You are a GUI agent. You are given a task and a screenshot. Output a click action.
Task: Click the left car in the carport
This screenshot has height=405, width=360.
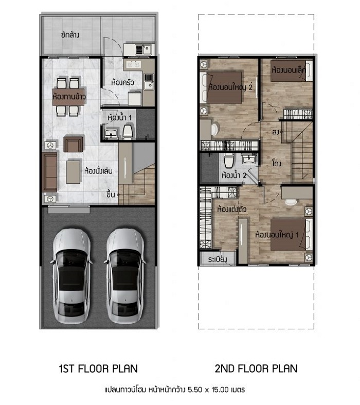click(x=71, y=276)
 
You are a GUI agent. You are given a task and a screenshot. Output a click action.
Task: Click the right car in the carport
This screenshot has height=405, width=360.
click(x=125, y=276)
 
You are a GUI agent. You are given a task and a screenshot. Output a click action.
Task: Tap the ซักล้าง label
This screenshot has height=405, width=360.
click(x=70, y=34)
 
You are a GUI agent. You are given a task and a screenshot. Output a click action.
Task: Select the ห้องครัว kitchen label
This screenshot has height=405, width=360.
click(x=122, y=83)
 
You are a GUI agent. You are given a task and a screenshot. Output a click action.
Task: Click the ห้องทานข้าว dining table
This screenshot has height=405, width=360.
click(x=68, y=97)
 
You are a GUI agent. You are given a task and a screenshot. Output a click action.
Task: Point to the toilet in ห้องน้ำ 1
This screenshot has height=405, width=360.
click(x=128, y=131)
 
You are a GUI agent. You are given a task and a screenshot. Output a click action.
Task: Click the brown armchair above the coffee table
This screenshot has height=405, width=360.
click(x=74, y=144)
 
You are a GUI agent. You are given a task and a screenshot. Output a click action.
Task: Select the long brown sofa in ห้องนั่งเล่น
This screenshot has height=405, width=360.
click(x=49, y=172)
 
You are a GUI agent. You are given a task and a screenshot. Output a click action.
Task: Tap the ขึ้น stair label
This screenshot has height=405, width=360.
click(x=111, y=194)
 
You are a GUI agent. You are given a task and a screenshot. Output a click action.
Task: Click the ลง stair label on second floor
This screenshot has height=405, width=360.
click(x=276, y=132)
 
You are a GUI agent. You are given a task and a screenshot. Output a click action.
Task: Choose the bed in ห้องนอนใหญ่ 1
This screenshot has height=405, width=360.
click(x=291, y=235)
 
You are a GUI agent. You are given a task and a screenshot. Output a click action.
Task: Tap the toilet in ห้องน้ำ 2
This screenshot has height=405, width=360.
click(x=229, y=161)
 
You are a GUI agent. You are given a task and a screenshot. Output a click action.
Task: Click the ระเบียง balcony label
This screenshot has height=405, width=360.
click(x=218, y=259)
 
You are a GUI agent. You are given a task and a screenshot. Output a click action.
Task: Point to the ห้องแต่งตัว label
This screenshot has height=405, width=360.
click(x=232, y=209)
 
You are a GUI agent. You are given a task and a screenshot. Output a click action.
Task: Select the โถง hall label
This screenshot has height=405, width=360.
click(x=277, y=163)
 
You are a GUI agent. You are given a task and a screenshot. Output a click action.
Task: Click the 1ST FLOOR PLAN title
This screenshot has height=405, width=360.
click(x=99, y=368)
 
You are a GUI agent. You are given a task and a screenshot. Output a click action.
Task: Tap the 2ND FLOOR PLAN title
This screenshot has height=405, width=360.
click(x=256, y=368)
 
